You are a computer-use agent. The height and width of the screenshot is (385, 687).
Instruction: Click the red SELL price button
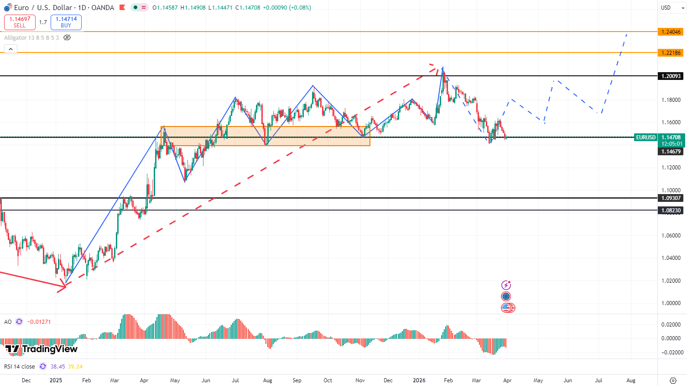(20, 22)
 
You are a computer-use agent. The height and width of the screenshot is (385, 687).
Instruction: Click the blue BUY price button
(66, 22)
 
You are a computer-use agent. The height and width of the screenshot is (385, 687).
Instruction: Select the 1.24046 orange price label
(671, 32)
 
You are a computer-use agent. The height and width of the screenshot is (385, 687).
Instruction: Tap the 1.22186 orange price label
(671, 53)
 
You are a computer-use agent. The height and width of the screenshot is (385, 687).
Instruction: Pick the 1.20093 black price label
(671, 76)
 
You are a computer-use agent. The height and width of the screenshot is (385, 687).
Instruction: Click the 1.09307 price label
(671, 198)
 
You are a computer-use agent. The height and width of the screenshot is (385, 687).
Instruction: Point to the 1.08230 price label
(671, 211)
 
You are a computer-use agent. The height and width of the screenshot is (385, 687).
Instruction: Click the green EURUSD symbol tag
(645, 137)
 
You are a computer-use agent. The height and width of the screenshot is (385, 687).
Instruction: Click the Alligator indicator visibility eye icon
(67, 37)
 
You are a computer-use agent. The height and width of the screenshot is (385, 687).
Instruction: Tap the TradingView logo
(42, 349)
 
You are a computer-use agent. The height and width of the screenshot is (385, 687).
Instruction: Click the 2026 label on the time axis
(419, 380)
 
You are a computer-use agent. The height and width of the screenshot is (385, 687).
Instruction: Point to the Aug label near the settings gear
(631, 380)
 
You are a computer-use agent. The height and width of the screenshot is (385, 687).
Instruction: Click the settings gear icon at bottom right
(673, 380)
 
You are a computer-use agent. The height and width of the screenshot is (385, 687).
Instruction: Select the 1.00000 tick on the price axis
(671, 303)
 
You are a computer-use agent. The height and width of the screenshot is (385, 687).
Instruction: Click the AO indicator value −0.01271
(39, 322)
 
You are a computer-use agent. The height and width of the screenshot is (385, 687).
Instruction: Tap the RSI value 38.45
(57, 367)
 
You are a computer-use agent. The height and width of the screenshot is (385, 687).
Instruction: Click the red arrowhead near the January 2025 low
(62, 287)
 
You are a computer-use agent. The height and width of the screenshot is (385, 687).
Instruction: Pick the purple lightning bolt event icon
(506, 285)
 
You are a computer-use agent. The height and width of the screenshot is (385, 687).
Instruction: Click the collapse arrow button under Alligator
(10, 49)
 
